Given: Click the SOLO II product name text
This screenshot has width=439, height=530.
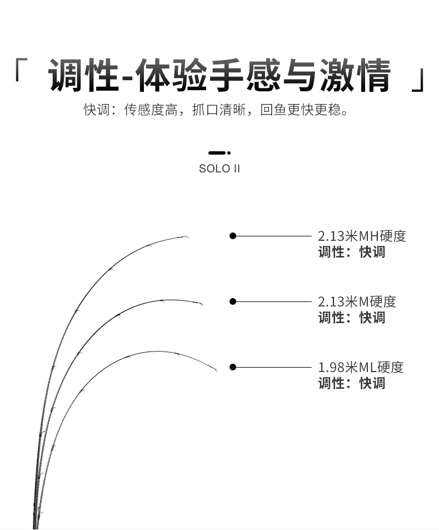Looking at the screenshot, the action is [x=219, y=169].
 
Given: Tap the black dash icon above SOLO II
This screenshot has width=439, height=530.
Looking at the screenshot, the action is [x=219, y=153].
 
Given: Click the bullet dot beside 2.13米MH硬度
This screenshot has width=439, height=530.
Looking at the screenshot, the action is [x=233, y=236].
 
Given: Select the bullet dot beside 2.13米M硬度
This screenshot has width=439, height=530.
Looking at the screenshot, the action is [x=233, y=301].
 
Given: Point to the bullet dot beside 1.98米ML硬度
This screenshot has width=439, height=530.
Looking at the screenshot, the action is [x=233, y=367].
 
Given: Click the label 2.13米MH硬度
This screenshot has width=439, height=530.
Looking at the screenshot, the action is [x=362, y=236].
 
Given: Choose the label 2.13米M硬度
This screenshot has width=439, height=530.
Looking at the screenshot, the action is [x=357, y=301].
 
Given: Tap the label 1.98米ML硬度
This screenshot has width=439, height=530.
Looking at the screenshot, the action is [x=361, y=367].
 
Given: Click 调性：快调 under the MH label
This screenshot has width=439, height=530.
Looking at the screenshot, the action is [x=352, y=252].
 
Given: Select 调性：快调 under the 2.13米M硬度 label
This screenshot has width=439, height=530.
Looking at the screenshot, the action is [x=352, y=318].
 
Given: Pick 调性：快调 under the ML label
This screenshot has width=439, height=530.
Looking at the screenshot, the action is [x=352, y=383].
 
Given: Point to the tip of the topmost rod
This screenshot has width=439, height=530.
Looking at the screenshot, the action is [x=188, y=236].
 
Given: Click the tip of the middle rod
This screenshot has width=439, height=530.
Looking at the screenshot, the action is [x=202, y=305].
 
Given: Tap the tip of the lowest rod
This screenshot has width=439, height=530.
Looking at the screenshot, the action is [x=217, y=371].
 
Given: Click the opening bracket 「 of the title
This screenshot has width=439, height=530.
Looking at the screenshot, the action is [x=21, y=70].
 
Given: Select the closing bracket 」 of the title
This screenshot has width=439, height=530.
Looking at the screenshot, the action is [x=418, y=80].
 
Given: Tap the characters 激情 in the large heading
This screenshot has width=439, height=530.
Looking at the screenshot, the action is [x=355, y=75].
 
